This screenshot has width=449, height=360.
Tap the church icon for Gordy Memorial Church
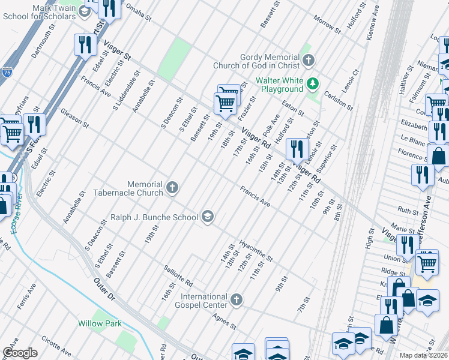point(308,60)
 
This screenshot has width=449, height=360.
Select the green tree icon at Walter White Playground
point(312,83)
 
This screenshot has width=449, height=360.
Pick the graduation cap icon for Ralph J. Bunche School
point(208,217)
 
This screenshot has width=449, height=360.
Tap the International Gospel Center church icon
point(237,300)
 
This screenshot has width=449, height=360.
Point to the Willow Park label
point(100,323)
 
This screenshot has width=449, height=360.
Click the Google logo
point(20,353)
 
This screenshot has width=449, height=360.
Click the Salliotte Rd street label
point(178,275)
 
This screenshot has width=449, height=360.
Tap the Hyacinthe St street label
point(256,251)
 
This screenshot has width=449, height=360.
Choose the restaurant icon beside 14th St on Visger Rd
point(296,149)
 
